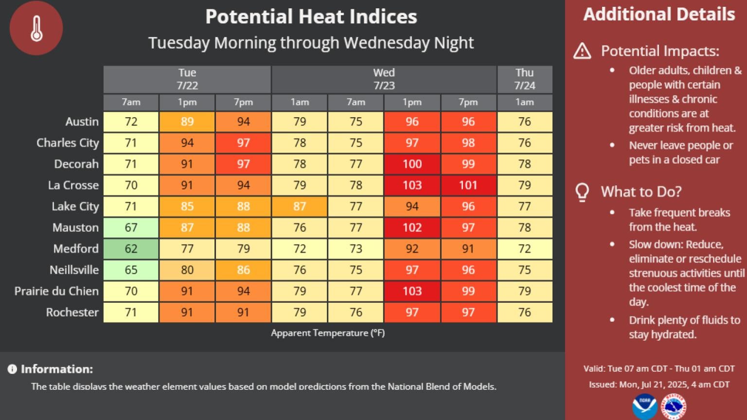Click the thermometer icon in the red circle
point(36,28)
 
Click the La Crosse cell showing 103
point(412,185)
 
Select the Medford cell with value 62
point(131,249)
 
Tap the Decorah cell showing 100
point(412,164)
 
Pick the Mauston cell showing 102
point(412,227)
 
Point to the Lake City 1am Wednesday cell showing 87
point(300,206)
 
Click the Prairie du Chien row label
point(56,291)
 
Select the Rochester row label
point(72,312)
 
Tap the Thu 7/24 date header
point(524,79)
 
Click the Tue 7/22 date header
point(187,79)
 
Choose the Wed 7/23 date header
point(384,79)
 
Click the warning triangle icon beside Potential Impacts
point(582,51)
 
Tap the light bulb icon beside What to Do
point(582,192)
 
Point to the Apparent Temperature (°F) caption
point(328,333)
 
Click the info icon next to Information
point(12,369)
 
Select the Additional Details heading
point(659,14)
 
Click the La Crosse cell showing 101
point(468,185)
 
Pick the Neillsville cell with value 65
point(131,270)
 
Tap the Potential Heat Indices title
point(311,17)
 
